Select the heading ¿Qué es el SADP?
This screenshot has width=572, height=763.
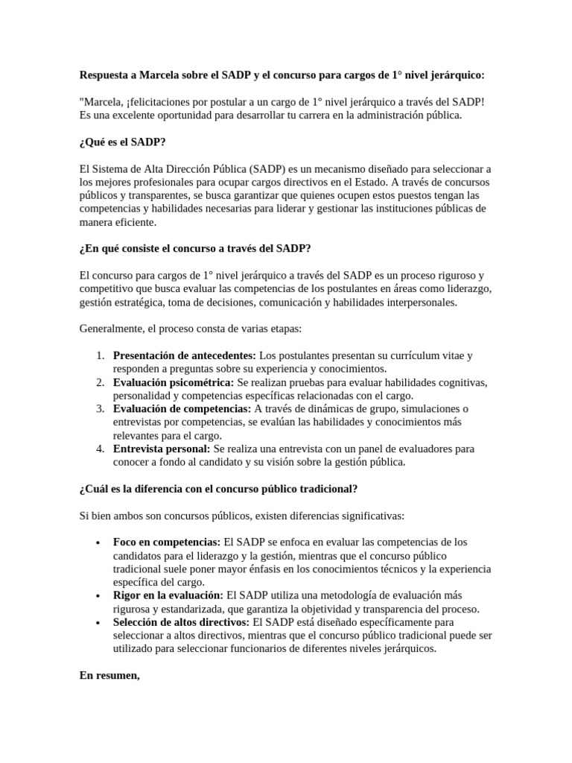[122, 142]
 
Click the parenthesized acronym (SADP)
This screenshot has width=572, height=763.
[273, 169]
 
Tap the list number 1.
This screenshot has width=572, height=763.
[101, 355]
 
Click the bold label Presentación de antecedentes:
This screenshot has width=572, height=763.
[184, 355]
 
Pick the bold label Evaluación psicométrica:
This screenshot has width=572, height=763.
[173, 382]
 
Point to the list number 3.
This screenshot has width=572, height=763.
[101, 409]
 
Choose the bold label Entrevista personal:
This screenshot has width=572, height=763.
[162, 449]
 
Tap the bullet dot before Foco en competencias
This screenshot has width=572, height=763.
[99, 542]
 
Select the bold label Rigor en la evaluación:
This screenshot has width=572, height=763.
[168, 595]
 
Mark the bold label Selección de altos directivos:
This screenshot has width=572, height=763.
[181, 622]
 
